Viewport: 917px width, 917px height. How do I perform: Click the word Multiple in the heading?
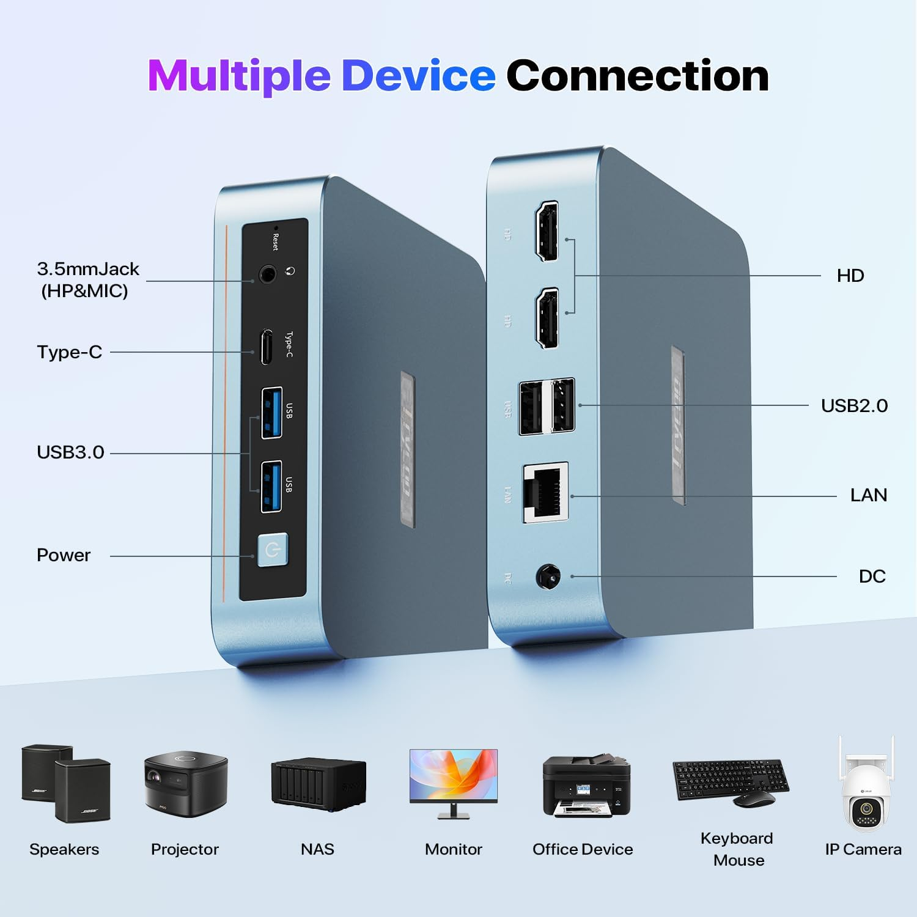(x=239, y=76)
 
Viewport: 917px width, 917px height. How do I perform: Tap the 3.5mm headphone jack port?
(x=267, y=274)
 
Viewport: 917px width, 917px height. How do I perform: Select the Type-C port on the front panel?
(x=267, y=347)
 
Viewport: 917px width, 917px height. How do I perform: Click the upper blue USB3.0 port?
(x=271, y=413)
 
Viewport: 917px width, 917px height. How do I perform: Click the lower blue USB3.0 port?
(x=271, y=487)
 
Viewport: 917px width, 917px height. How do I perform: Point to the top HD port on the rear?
(x=547, y=231)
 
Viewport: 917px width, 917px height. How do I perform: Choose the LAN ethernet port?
(x=545, y=493)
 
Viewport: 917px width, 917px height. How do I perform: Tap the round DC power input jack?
(x=548, y=576)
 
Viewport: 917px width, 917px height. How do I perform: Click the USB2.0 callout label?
(x=854, y=405)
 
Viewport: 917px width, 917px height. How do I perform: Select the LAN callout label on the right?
(x=868, y=495)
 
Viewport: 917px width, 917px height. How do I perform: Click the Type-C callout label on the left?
(x=69, y=352)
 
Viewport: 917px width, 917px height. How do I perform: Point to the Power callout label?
(x=64, y=555)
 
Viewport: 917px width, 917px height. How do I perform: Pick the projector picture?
(x=186, y=785)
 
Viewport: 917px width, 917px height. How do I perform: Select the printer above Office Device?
(x=586, y=786)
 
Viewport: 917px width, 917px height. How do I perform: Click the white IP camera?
(x=866, y=789)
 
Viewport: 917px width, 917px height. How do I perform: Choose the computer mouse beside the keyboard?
(x=754, y=798)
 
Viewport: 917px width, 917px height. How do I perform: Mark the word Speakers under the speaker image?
(x=64, y=849)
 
